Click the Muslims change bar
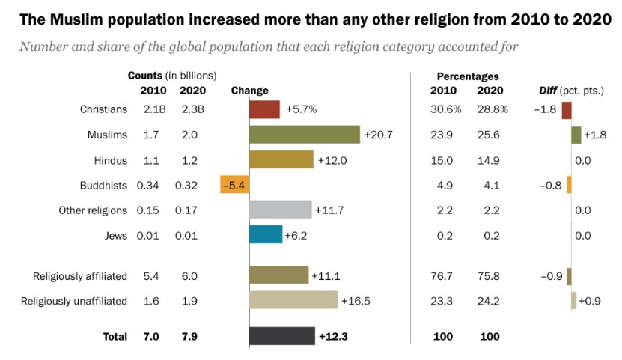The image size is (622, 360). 305,135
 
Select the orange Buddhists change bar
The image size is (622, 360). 234,185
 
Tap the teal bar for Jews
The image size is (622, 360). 266,236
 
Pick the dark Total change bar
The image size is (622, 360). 281,337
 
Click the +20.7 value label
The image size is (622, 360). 378,135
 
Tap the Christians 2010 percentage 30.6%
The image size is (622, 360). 445,109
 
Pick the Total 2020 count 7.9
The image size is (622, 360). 189,337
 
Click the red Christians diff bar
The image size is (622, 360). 567,109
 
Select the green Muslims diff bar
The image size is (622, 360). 576,135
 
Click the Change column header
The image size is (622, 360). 249,91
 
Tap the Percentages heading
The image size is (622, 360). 467,76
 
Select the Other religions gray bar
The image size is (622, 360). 280,210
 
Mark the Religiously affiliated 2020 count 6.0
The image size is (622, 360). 189,276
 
